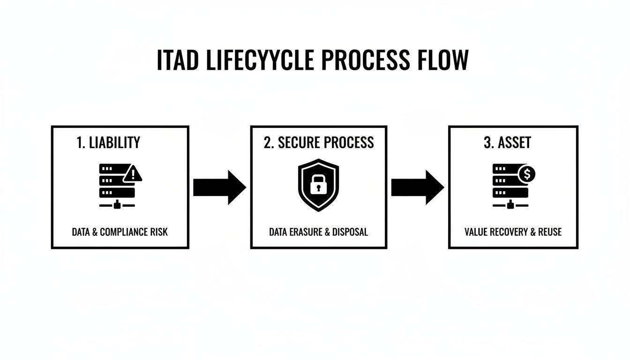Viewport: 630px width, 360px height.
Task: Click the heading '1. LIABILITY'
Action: coord(108,143)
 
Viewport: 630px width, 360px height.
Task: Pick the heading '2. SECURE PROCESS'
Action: coord(319,143)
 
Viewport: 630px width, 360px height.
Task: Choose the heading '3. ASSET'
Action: coord(507,143)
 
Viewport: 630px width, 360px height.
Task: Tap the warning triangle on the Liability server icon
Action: coord(133,175)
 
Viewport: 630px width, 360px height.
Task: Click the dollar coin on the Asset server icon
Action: coord(527,174)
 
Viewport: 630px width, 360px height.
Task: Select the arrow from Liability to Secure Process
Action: coord(219,187)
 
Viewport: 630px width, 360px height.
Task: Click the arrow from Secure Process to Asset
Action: coord(417,187)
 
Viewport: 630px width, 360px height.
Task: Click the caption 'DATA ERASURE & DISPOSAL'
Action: coord(318,232)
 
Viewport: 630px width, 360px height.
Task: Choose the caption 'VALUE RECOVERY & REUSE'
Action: coord(513,232)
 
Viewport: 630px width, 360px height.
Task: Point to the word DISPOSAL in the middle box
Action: coord(350,232)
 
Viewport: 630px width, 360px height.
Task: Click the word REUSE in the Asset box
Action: coord(549,232)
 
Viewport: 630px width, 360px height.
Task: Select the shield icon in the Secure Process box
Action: coord(318,185)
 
